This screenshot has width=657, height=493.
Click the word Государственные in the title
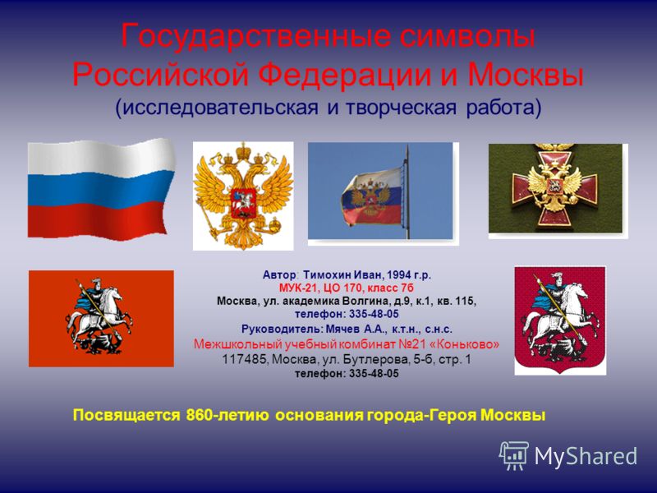pyautogui.click(x=256, y=36)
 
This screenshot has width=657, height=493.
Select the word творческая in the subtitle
pyautogui.click(x=401, y=108)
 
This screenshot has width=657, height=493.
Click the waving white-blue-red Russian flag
pyautogui.click(x=101, y=190)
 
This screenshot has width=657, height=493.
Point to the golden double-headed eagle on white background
pyautogui.click(x=243, y=196)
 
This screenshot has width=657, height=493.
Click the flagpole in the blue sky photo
pyautogui.click(x=407, y=192)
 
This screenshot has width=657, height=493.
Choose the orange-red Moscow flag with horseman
pyautogui.click(x=101, y=319)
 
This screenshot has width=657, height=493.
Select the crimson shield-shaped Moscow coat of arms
pyautogui.click(x=560, y=320)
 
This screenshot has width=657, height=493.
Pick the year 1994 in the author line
pyautogui.click(x=399, y=275)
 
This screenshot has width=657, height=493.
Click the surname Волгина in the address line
pyautogui.click(x=361, y=301)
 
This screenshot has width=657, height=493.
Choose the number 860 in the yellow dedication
pyautogui.click(x=199, y=415)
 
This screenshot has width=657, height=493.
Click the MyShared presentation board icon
pyautogui.click(x=514, y=455)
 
